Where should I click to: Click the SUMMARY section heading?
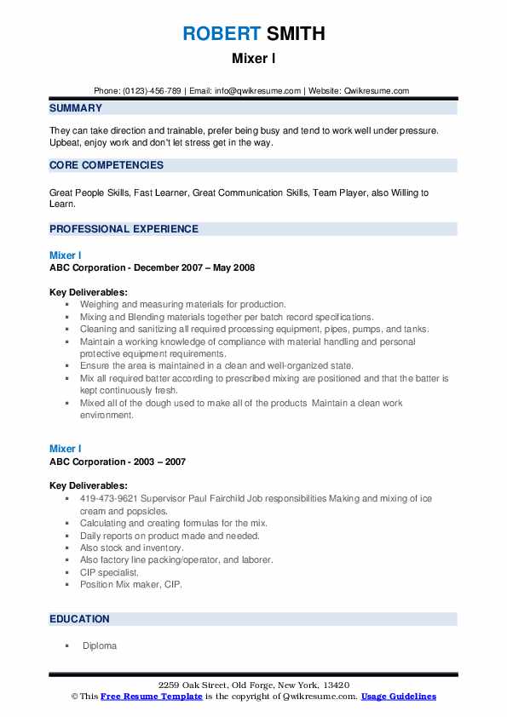(76, 108)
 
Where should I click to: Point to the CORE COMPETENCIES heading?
(107, 165)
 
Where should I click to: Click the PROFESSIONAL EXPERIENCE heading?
(124, 229)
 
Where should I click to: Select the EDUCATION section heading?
(79, 619)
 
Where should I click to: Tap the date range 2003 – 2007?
(158, 462)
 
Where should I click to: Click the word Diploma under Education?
(99, 646)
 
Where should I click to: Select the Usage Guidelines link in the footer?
(398, 697)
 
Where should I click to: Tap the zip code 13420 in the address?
(336, 685)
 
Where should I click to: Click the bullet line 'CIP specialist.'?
(109, 572)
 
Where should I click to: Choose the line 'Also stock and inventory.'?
(132, 548)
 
